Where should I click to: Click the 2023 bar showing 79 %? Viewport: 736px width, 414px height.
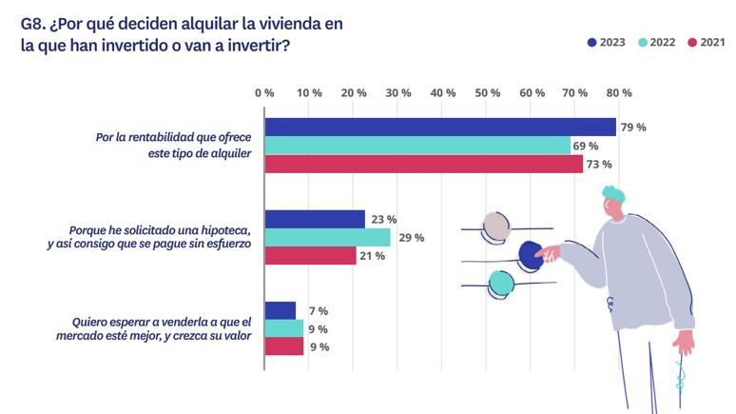(x=440, y=127)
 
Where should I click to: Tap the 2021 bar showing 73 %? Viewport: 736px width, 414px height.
(x=423, y=164)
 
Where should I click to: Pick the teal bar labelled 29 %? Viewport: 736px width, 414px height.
(x=327, y=237)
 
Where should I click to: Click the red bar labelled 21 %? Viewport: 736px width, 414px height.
(x=310, y=255)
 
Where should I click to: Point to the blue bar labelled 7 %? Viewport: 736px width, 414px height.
(x=280, y=310)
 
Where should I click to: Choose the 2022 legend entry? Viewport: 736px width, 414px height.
(x=656, y=42)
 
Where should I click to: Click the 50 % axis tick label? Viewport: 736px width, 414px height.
(x=488, y=93)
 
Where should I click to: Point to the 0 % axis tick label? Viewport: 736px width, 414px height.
(x=264, y=93)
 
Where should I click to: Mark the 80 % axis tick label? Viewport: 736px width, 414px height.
(x=619, y=93)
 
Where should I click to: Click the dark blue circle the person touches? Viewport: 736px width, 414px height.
(x=531, y=255)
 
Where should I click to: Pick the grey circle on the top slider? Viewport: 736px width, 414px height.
(x=495, y=227)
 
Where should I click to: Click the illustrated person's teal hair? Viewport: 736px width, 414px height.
(x=613, y=195)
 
